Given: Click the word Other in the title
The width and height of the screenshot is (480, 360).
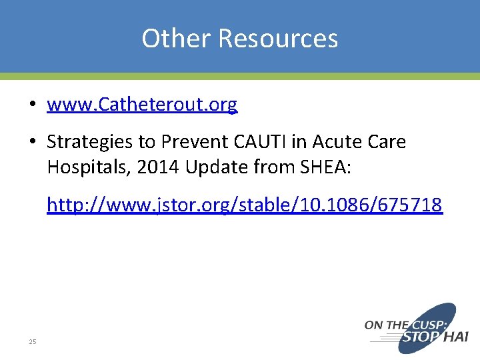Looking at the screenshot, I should (x=177, y=39).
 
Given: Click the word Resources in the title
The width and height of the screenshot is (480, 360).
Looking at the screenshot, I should (x=278, y=39).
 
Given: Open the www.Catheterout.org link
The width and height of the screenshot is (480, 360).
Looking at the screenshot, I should (x=142, y=105).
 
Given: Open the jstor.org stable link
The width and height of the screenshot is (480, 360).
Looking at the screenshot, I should (x=244, y=205).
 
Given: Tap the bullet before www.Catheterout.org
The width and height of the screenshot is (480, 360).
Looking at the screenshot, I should (x=32, y=105).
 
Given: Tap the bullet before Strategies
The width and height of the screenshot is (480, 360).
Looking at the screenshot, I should (x=32, y=142).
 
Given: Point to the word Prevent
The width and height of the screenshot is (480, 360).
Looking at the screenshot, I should (x=191, y=142).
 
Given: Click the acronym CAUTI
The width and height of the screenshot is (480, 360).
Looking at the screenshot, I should (x=253, y=142).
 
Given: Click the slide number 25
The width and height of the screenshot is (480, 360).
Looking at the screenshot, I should (x=32, y=342).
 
